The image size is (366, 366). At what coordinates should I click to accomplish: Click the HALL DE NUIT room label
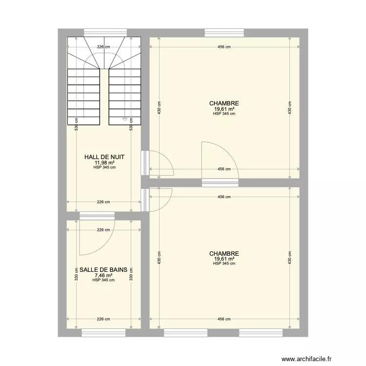104,157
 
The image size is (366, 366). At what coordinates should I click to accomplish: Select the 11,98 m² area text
104,163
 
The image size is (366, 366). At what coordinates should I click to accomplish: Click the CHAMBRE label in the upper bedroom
224,103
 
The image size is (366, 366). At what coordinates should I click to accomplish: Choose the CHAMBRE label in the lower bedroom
224,254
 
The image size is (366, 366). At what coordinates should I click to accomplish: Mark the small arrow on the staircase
124,119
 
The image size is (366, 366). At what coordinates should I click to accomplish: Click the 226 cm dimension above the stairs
103,47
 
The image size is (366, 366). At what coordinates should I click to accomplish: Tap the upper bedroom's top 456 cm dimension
224,47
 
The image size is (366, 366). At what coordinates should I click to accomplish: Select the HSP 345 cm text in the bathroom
103,280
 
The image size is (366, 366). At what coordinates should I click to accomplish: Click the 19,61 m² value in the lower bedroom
224,259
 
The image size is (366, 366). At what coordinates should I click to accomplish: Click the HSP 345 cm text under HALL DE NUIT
104,167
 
